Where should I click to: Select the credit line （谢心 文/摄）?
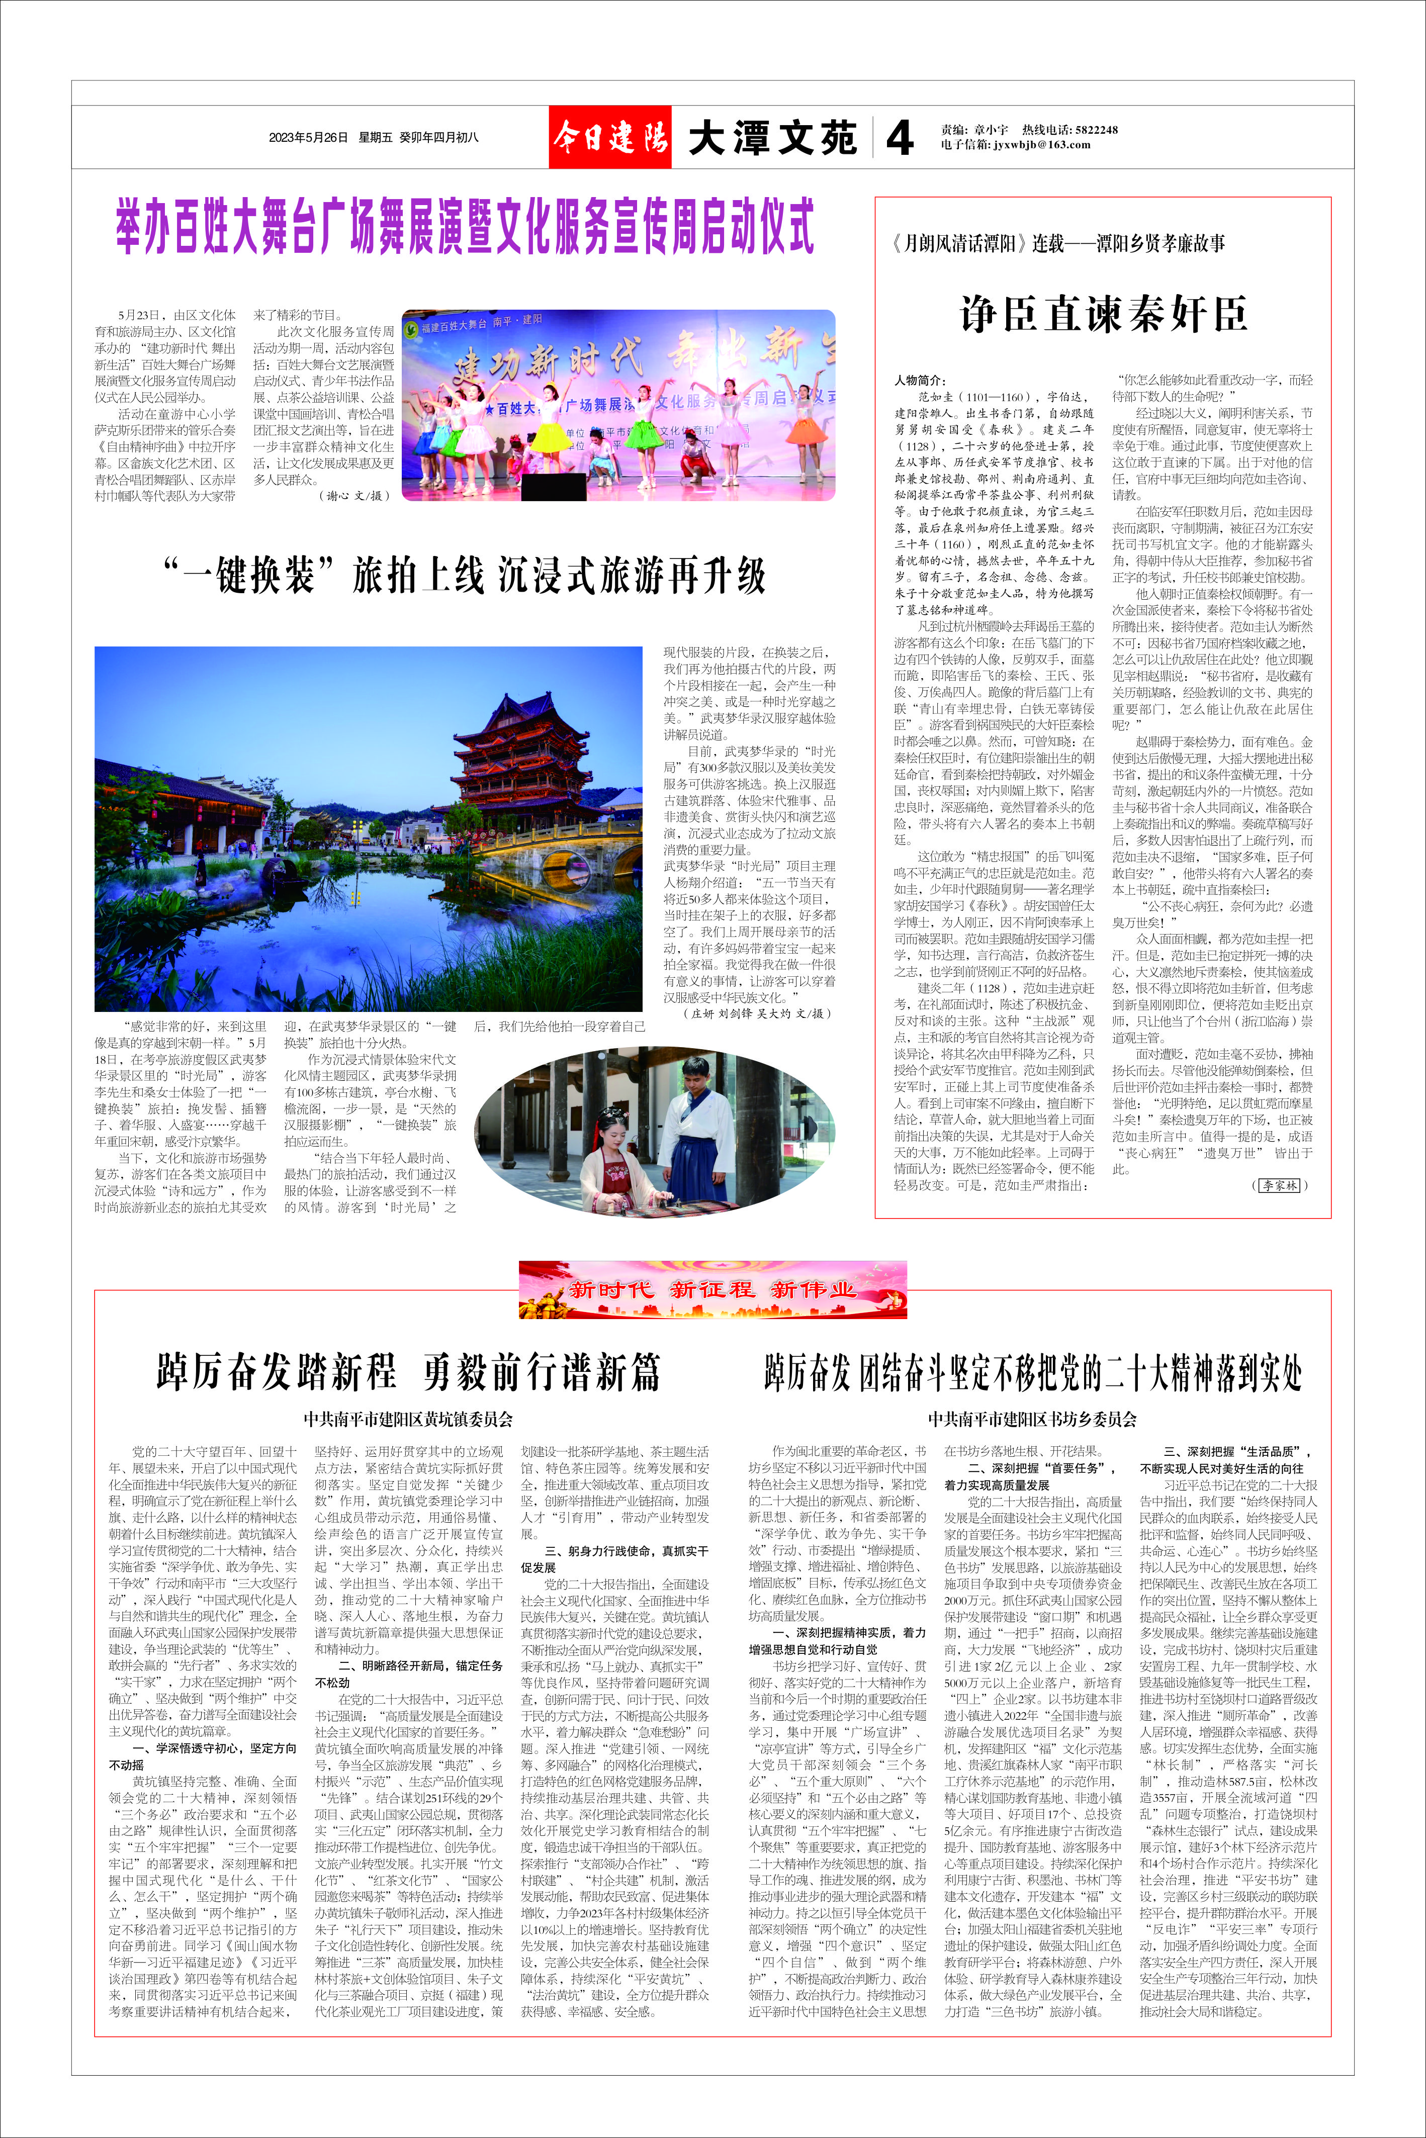pyautogui.click(x=355, y=495)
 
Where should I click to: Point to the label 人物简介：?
pyautogui.click(x=920, y=380)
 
